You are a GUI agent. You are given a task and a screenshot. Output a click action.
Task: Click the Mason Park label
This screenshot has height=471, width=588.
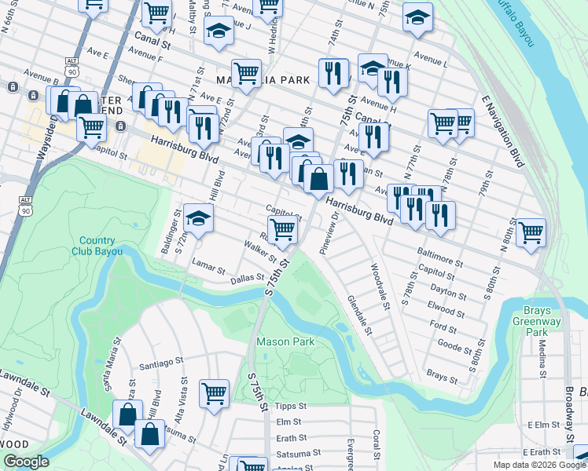tap(285, 341)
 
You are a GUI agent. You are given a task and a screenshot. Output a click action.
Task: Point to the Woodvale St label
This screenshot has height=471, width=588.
tap(380, 287)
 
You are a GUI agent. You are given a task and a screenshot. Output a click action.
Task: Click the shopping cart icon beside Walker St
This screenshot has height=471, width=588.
tap(282, 230)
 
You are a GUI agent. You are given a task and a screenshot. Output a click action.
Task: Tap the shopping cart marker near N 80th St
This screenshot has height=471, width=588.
tap(531, 232)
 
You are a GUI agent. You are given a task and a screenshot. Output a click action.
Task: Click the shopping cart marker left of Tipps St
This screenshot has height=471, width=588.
tap(214, 393)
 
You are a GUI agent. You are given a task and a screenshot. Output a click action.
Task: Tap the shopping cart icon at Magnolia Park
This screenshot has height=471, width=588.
tap(247, 73)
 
